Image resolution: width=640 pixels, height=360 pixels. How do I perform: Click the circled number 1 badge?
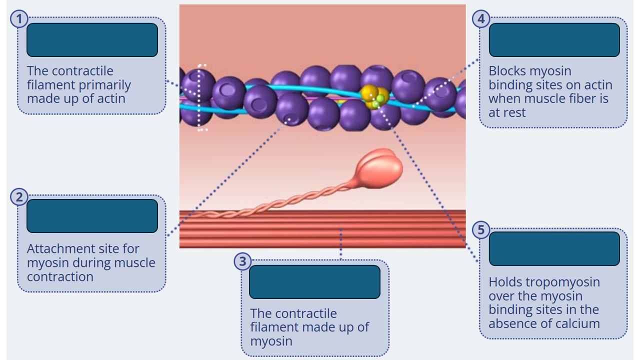coord(19,19)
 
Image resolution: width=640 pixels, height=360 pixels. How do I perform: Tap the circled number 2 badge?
coord(19,197)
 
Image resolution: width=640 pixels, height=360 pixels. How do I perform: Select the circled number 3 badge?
coord(242,261)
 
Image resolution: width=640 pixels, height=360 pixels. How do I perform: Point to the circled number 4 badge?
coord(481,19)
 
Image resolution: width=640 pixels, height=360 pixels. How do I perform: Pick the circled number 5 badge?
coord(481,229)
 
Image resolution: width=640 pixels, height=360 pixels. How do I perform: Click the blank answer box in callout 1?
coord(92,40)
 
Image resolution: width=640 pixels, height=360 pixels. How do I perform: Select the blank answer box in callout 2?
coord(92,216)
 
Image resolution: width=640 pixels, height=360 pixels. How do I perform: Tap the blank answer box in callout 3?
coord(314,282)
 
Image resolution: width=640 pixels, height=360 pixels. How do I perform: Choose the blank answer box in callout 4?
coord(554,40)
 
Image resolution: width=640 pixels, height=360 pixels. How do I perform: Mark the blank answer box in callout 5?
coord(554,248)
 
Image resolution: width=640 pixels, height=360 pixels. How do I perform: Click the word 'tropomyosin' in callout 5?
coord(544,282)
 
